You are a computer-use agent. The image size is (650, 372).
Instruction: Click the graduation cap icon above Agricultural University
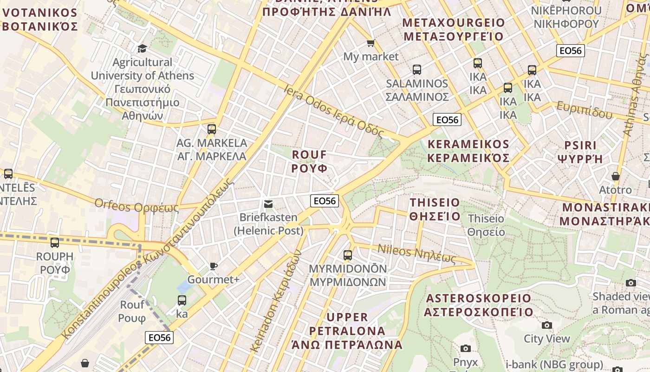142,48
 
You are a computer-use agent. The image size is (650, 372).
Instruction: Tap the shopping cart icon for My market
370,43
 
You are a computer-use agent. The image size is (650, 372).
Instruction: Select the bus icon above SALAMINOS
417,70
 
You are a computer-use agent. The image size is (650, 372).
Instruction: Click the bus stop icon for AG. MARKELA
212,129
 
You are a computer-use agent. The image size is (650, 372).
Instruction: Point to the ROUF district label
310,161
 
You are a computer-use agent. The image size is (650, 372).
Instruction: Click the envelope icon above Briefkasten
268,204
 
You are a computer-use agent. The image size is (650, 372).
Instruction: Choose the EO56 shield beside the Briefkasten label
325,201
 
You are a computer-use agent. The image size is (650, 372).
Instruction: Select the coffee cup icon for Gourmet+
213,266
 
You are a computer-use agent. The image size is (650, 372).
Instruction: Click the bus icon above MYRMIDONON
348,255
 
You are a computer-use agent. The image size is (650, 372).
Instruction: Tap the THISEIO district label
435,209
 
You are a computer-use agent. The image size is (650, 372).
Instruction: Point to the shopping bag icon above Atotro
615,176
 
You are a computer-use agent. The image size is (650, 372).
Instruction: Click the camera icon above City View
547,325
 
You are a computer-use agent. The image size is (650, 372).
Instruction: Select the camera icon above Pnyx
465,348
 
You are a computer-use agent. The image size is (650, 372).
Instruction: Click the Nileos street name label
416,254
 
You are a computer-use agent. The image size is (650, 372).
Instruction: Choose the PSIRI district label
580,151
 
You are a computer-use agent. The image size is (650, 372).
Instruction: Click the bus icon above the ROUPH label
55,242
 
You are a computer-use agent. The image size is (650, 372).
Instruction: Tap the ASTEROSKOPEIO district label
478,305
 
